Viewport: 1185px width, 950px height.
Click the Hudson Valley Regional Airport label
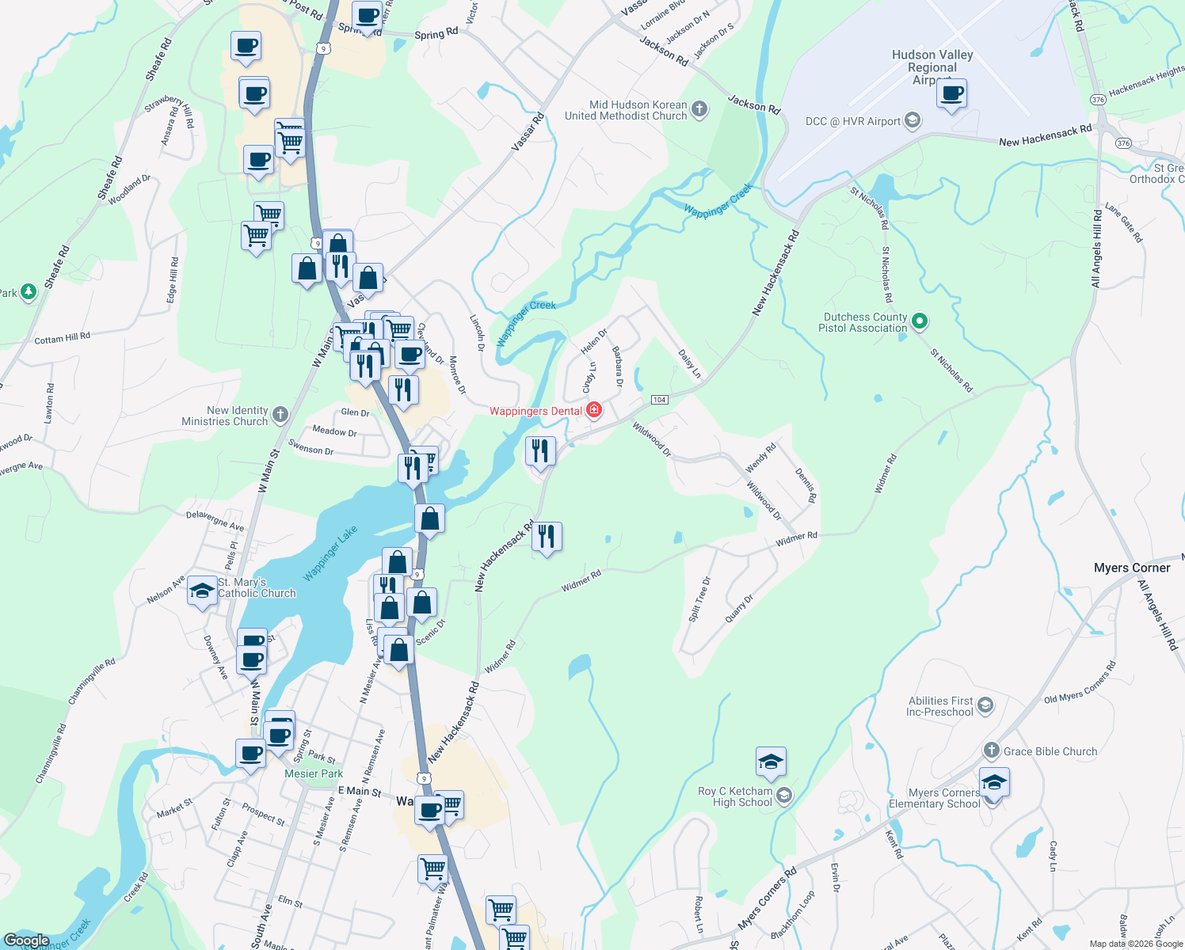pos(932,66)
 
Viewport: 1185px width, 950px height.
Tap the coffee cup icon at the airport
pos(951,94)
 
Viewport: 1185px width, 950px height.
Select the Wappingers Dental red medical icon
pos(593,410)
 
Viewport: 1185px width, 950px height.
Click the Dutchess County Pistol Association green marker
pos(919,321)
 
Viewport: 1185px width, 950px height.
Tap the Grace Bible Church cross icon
pos(991,750)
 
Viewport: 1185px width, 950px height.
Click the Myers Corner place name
pos(1131,568)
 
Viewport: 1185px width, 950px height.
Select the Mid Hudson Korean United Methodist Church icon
pos(699,109)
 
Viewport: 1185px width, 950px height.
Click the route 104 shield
pos(659,399)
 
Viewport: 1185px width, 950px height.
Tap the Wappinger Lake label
pos(331,553)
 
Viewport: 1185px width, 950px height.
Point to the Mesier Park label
pos(314,773)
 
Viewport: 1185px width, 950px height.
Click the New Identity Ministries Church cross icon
pos(280,414)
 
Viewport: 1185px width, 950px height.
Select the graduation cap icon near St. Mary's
pos(202,591)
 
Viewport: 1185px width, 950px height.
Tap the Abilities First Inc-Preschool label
pos(940,706)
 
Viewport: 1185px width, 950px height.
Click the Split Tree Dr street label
pos(699,599)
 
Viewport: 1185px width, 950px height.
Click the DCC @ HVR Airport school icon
pos(912,120)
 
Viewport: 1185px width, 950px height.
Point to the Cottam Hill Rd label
pos(63,338)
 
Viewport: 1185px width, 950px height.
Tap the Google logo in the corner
pos(26,940)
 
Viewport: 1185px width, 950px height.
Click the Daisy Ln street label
pos(689,363)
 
